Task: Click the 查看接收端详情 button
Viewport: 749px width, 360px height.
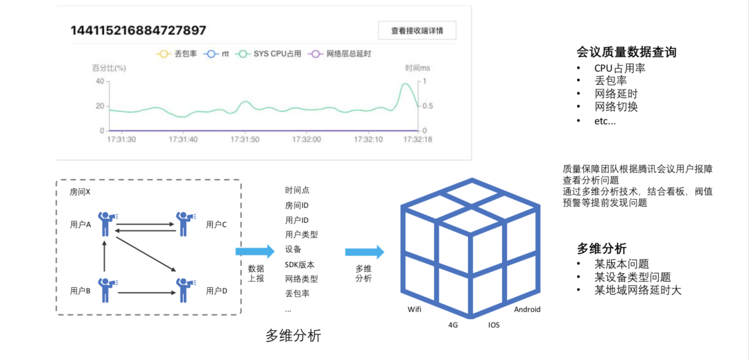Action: pyautogui.click(x=417, y=31)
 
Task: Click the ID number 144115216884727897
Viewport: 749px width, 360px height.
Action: pyautogui.click(x=138, y=31)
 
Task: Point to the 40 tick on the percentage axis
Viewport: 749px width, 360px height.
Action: pyautogui.click(x=99, y=81)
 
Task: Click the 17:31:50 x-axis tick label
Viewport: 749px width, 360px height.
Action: pyautogui.click(x=245, y=139)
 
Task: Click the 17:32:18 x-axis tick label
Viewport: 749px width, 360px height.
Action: pyautogui.click(x=417, y=139)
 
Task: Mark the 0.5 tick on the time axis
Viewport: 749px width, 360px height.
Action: pyautogui.click(x=428, y=106)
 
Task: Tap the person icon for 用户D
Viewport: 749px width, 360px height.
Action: pyautogui.click(x=184, y=290)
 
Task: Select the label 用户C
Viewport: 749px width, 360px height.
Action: pyautogui.click(x=216, y=224)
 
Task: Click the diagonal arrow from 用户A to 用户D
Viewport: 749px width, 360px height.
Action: pyautogui.click(x=145, y=253)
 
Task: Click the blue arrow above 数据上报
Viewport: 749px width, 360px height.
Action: pyautogui.click(x=255, y=252)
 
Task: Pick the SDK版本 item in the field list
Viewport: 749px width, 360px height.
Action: pyautogui.click(x=300, y=264)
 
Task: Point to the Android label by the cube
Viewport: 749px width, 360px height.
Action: pyautogui.click(x=526, y=309)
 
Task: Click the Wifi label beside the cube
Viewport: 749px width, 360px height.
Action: pyautogui.click(x=413, y=309)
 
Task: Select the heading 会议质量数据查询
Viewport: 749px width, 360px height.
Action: pyautogui.click(x=626, y=52)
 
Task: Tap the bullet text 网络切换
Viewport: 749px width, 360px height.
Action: pyautogui.click(x=616, y=107)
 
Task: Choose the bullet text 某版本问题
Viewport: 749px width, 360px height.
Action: pyautogui.click(x=621, y=264)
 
